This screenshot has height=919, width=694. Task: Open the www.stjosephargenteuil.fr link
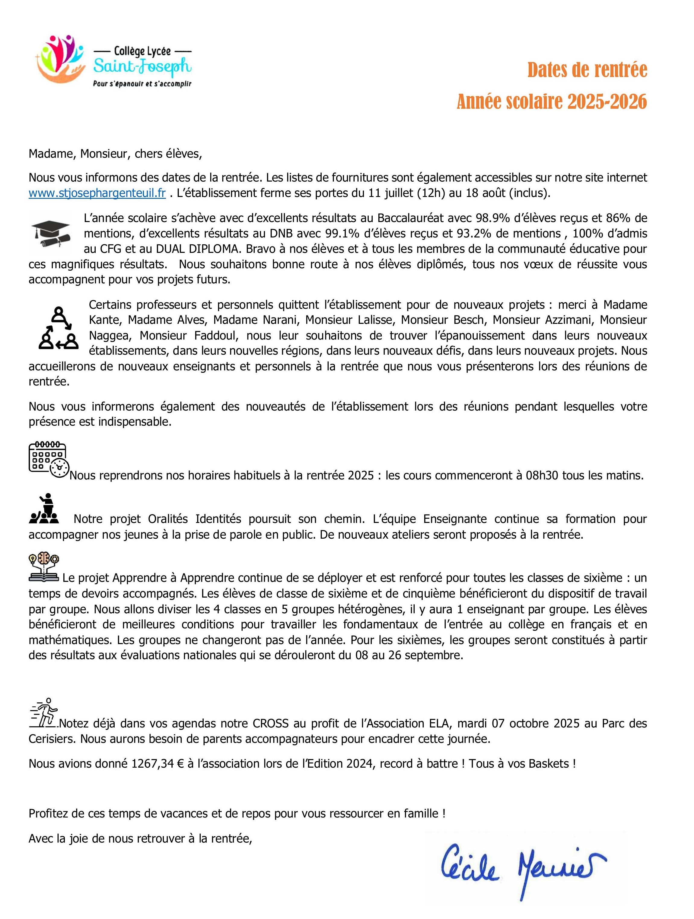click(x=97, y=194)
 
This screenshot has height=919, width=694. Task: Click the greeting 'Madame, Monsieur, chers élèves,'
click(x=115, y=154)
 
